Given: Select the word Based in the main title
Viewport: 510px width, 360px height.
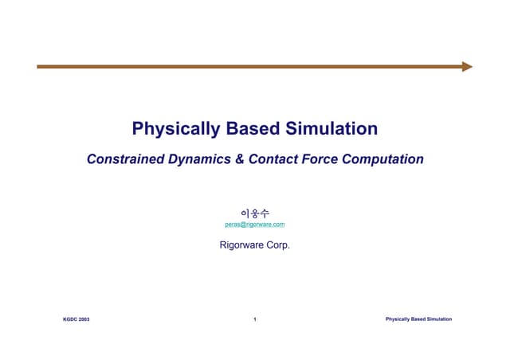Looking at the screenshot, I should click(x=255, y=128).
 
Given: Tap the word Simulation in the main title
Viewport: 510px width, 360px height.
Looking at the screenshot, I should click(x=333, y=128).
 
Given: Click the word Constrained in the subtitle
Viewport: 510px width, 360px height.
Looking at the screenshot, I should click(x=127, y=159).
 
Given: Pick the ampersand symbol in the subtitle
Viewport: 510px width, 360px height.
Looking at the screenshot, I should click(x=241, y=159).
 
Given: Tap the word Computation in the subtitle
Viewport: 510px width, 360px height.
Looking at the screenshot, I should click(x=383, y=159).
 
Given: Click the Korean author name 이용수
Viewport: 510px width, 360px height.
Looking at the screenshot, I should click(x=255, y=213).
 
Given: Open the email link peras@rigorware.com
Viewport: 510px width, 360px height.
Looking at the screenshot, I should click(x=255, y=225).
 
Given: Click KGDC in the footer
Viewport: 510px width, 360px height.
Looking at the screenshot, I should click(x=70, y=319).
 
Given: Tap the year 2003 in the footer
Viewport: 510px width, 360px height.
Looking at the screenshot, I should click(x=84, y=319).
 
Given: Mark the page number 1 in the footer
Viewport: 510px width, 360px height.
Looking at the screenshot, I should click(x=254, y=319).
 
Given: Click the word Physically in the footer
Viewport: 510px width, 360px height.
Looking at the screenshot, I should click(x=398, y=319).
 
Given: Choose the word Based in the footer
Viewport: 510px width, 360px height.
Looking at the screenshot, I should click(x=418, y=319).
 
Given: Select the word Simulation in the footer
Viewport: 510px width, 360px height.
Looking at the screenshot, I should click(x=440, y=319).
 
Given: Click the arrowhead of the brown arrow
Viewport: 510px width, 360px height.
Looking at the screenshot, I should click(x=467, y=67).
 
